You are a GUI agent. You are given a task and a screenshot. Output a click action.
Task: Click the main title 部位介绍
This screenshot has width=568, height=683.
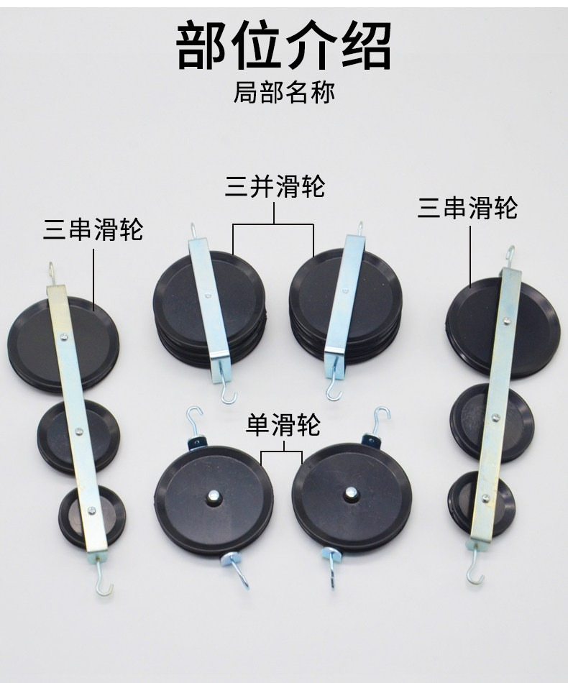click(283, 47)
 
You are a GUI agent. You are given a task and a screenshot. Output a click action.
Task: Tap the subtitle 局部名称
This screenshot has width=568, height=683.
click(284, 92)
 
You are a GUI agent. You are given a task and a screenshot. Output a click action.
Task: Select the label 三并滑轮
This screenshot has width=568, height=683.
click(275, 186)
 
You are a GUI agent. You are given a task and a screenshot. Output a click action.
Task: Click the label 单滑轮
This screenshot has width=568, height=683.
click(283, 425)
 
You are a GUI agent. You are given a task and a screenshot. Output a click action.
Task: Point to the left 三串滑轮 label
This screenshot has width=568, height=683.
click(93, 229)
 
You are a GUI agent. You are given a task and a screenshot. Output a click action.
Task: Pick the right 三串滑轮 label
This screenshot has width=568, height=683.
click(468, 207)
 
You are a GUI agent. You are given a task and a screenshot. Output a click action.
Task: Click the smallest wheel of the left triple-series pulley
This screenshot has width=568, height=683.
click(92, 517)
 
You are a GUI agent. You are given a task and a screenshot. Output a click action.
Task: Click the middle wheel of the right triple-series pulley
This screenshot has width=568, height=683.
click(492, 423)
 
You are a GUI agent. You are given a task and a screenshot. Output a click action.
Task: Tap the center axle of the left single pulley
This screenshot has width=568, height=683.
click(214, 495)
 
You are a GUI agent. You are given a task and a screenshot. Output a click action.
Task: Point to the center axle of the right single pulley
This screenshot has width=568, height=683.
click(350, 493)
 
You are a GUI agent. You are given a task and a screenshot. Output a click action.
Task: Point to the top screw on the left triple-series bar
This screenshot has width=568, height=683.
click(64, 336)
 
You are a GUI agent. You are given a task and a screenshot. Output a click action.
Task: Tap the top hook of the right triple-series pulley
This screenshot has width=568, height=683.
click(510, 257)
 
